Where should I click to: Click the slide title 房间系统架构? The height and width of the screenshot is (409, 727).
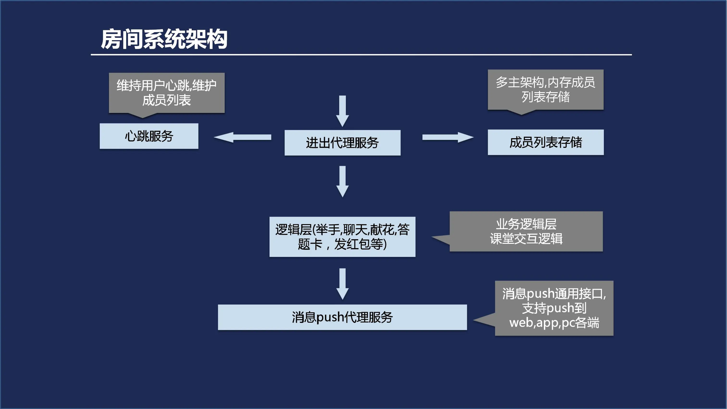click(x=164, y=39)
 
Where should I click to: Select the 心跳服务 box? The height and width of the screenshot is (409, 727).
click(x=149, y=136)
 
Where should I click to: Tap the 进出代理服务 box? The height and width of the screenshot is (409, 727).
click(x=342, y=143)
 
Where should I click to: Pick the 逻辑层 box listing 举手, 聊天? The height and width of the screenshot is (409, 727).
click(x=342, y=237)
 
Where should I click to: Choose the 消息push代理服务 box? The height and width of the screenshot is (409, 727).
click(x=342, y=317)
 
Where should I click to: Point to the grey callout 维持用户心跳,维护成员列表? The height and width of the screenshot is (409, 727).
click(x=167, y=93)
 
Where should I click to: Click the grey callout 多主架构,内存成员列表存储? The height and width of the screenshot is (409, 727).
click(x=545, y=89)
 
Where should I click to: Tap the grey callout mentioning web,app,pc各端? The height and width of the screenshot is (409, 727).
click(x=554, y=308)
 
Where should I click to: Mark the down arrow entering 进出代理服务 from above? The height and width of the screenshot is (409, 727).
click(x=342, y=111)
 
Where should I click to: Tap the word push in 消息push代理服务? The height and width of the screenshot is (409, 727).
click(x=330, y=318)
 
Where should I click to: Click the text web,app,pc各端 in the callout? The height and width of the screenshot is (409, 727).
click(x=554, y=323)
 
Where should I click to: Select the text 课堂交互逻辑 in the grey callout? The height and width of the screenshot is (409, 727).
click(x=526, y=239)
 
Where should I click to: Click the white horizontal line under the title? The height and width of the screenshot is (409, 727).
click(x=361, y=55)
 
